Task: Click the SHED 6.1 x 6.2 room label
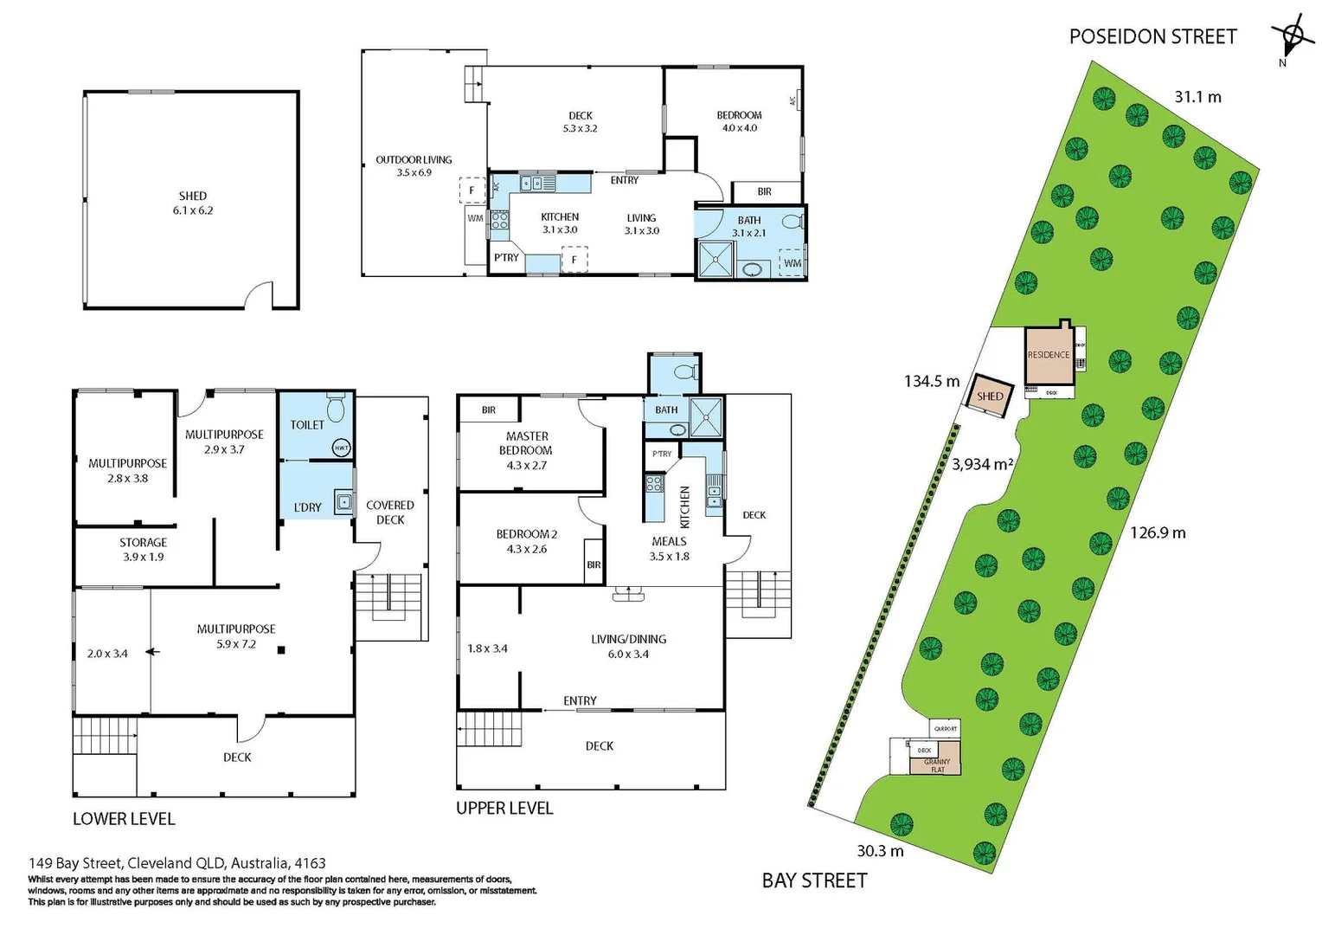point(192,203)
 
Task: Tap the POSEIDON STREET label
point(1152,36)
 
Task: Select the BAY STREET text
point(814,880)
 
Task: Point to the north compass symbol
point(1291,37)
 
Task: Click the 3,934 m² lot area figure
point(982,464)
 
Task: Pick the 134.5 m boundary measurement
point(931,381)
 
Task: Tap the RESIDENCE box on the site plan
point(1049,355)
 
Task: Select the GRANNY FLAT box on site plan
point(937,765)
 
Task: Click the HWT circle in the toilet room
point(342,448)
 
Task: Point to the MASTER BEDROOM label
point(526,443)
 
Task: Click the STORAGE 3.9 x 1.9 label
point(143,549)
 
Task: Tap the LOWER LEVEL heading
point(124,819)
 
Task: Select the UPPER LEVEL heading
point(504,808)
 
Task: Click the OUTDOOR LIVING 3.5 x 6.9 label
point(414,165)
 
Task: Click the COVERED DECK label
point(390,512)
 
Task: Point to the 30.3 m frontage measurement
point(880,851)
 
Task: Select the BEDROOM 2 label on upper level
point(526,541)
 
